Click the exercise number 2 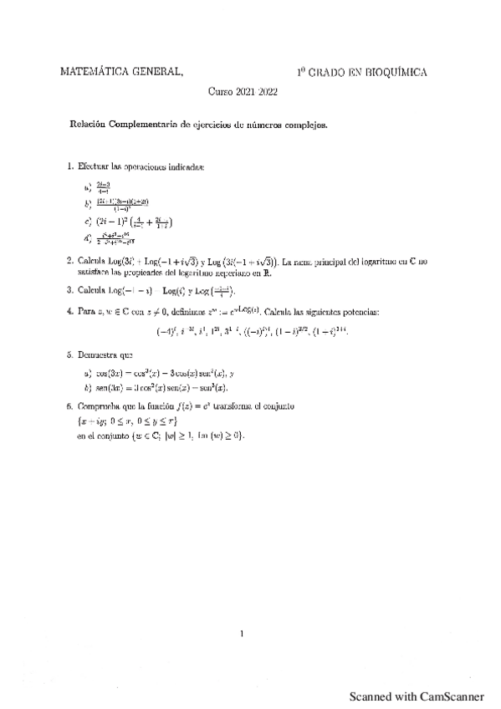pos(69,262)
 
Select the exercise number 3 pos(69,291)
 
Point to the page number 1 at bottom pos(242,633)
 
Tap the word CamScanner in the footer pos(448,696)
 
